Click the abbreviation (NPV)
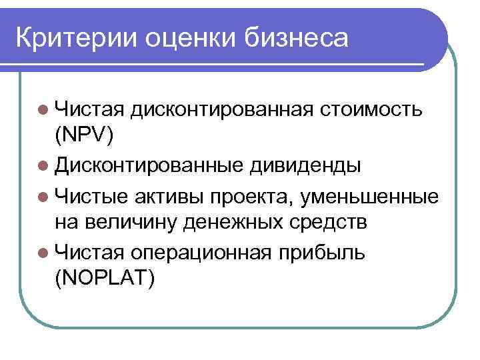pos(85,136)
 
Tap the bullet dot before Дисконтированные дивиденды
pos(43,165)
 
